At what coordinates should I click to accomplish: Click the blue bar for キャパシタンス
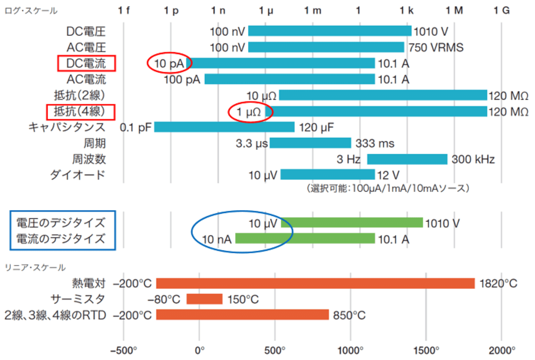(x=224, y=127)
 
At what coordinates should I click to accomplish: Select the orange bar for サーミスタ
(x=204, y=299)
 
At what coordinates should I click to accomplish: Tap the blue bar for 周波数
(x=407, y=159)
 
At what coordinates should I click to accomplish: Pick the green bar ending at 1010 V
(x=352, y=223)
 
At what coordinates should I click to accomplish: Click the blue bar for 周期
(x=310, y=143)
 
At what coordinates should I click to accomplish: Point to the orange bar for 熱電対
(x=315, y=283)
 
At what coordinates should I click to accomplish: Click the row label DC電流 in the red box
(x=86, y=63)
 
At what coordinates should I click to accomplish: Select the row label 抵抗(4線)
(x=80, y=112)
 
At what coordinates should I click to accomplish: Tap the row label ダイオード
(x=78, y=175)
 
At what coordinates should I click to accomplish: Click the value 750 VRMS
(x=436, y=47)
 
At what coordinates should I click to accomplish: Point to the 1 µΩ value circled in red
(x=249, y=112)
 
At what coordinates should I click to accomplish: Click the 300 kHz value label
(x=473, y=159)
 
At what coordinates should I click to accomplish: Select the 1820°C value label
(x=498, y=284)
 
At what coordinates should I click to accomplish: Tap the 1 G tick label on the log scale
(x=501, y=11)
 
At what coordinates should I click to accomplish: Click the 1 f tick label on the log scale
(x=124, y=11)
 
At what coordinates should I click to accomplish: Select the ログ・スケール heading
(x=31, y=11)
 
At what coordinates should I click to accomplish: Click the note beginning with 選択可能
(x=388, y=188)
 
